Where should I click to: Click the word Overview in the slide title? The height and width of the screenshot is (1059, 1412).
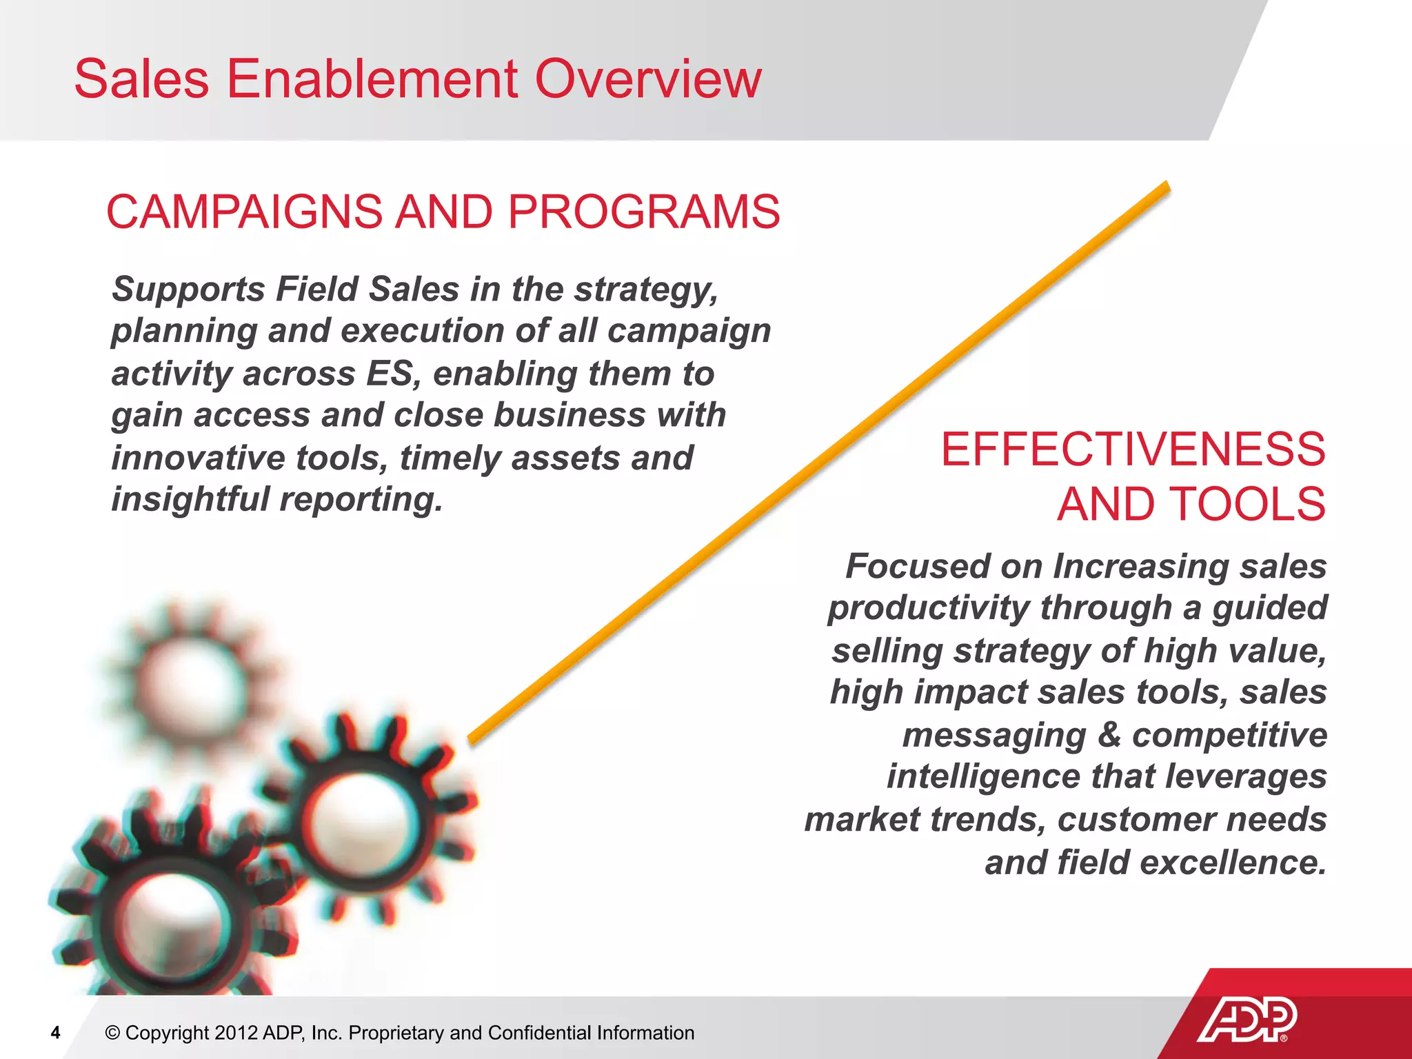point(647,79)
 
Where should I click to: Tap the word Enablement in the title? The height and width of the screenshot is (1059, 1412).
point(372,79)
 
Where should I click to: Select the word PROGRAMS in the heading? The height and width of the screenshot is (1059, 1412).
point(644,212)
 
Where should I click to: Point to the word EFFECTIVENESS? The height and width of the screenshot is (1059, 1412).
point(1133,450)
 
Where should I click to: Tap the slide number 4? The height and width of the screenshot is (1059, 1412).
point(56,1032)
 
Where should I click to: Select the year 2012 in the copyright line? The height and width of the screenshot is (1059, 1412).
point(236,1033)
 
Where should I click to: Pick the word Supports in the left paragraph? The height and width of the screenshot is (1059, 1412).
point(188,290)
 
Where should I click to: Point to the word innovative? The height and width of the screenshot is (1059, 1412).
point(198,458)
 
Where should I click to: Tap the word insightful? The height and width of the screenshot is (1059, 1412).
point(190,500)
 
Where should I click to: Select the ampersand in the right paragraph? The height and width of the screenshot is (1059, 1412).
point(1109,735)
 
